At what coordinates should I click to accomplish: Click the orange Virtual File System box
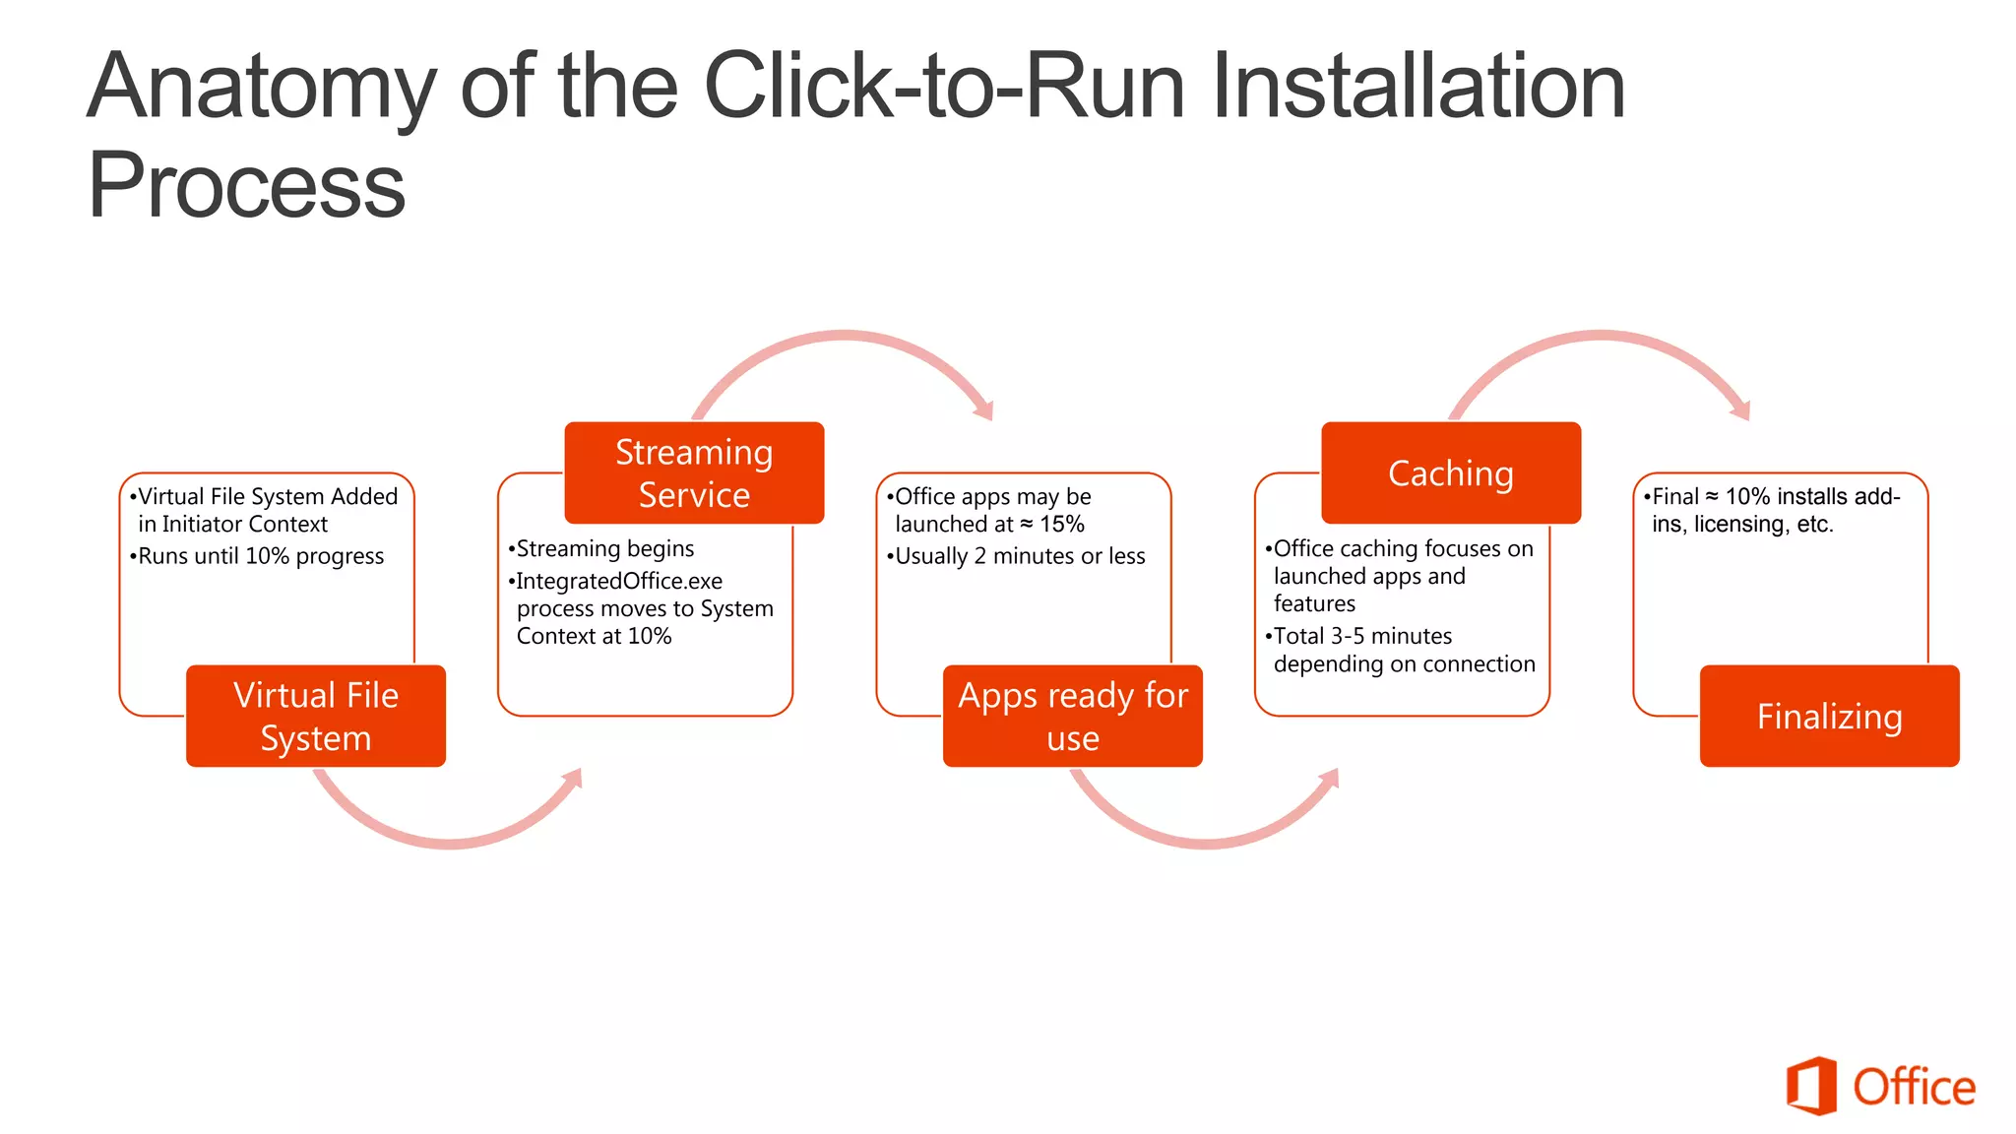(315, 716)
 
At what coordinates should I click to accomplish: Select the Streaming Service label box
(694, 472)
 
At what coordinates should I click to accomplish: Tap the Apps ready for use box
(1072, 716)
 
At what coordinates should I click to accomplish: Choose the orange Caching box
(1450, 472)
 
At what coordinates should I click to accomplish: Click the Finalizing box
(1829, 716)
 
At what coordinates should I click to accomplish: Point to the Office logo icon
(1811, 1086)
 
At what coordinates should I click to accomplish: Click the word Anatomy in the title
(261, 89)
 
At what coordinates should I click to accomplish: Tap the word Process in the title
(246, 185)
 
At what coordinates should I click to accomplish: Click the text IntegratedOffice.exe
(619, 581)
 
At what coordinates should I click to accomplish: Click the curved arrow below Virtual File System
(448, 840)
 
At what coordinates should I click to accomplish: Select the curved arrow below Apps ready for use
(1205, 840)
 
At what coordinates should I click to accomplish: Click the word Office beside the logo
(1914, 1088)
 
